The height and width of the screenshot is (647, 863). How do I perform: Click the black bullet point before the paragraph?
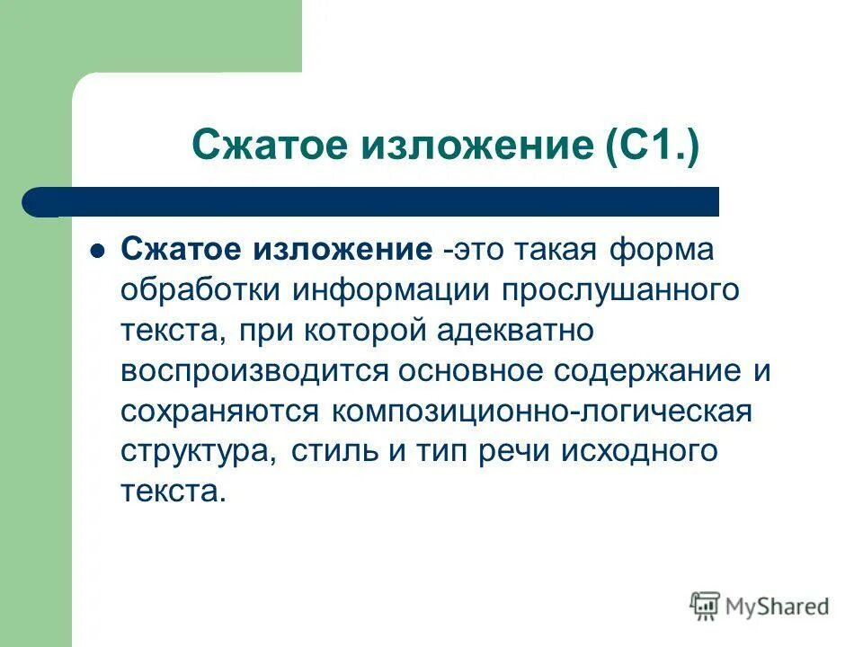click(98, 251)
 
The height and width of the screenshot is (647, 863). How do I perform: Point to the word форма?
click(659, 250)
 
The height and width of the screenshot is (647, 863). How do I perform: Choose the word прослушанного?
click(619, 291)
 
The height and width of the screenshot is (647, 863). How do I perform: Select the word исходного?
click(640, 452)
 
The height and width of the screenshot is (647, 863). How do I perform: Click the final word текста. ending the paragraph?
click(169, 492)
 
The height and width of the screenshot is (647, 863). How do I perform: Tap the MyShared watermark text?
click(778, 607)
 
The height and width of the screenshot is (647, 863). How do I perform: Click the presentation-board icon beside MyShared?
click(706, 607)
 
